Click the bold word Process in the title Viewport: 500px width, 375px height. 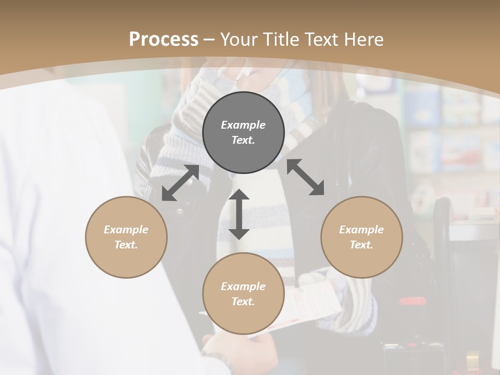click(x=164, y=39)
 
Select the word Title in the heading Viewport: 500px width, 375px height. click(x=281, y=39)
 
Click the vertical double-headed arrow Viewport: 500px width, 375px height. click(x=239, y=214)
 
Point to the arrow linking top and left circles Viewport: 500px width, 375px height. click(x=180, y=183)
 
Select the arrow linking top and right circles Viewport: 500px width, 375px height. click(x=305, y=177)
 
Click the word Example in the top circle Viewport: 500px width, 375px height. click(x=243, y=125)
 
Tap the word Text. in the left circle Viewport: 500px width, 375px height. click(x=126, y=245)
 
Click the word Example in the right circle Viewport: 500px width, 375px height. click(x=361, y=230)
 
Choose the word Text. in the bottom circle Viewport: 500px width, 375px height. click(x=243, y=302)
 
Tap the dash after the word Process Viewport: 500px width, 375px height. click(x=209, y=39)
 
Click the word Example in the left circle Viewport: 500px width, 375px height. click(x=126, y=230)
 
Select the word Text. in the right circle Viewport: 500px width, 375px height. click(x=361, y=245)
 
